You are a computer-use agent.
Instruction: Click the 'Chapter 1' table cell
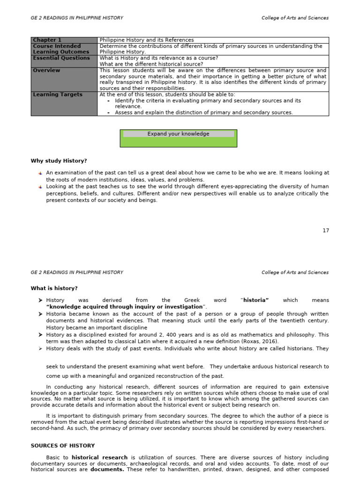47,40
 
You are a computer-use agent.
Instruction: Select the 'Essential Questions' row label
61,58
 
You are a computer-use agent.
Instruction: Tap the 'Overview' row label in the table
46,70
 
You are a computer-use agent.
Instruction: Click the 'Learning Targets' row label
58,95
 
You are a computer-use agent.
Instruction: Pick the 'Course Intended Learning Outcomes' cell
57,49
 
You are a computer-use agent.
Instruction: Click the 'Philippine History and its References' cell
147,40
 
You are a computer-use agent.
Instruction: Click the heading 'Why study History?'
59,161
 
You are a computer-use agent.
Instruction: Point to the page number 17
326,231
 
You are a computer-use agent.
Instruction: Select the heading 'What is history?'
54,288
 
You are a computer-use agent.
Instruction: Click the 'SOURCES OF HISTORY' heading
63,446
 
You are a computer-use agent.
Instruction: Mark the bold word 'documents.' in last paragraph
107,470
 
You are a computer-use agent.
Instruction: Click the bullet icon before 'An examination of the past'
40,173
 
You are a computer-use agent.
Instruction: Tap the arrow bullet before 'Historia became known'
40,315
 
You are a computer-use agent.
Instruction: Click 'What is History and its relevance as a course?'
159,58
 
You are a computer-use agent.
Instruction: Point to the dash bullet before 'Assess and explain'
109,113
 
